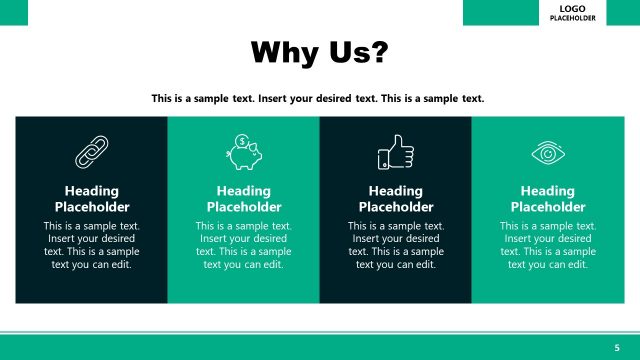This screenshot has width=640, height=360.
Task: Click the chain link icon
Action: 91,153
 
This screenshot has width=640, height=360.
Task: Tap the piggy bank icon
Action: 243,153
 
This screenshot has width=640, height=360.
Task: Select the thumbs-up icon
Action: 395,154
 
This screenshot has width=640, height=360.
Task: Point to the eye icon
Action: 547,153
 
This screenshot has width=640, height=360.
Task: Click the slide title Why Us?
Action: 318,52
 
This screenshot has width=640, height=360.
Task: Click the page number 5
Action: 617,346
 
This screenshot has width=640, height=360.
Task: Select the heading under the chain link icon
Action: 91,199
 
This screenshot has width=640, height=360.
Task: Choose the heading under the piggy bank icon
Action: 243,199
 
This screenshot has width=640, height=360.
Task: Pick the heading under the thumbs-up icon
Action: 395,199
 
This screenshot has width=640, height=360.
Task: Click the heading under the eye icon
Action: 547,199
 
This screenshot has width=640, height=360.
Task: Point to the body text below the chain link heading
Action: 91,245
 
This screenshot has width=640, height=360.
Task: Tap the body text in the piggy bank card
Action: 243,245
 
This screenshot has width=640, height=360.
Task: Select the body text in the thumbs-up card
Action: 395,245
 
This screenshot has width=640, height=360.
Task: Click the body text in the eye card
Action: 547,245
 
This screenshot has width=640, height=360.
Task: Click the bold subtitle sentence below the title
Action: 318,98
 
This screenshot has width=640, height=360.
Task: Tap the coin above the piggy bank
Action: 243,140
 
